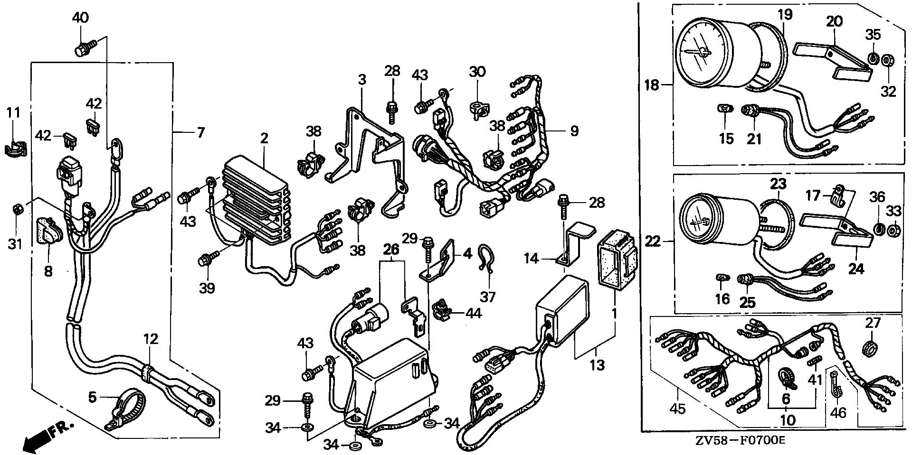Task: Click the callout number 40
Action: pos(80,18)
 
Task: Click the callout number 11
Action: pos(14,113)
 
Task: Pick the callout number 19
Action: pos(785,15)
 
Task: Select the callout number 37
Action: pos(488,297)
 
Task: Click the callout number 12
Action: pos(151,339)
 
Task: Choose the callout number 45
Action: pos(677,408)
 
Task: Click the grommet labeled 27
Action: pos(869,348)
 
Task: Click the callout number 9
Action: pos(574,130)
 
